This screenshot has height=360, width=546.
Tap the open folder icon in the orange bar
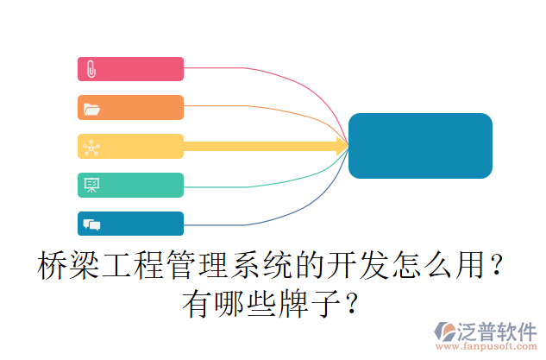pyautogui.click(x=91, y=109)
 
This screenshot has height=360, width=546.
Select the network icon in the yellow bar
pyautogui.click(x=91, y=148)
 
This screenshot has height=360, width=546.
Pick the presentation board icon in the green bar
pyautogui.click(x=91, y=185)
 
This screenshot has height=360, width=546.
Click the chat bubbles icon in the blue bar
pyautogui.click(x=91, y=224)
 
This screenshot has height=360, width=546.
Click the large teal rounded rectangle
pyautogui.click(x=420, y=146)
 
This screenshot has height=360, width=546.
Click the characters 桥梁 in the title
pyautogui.click(x=69, y=266)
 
